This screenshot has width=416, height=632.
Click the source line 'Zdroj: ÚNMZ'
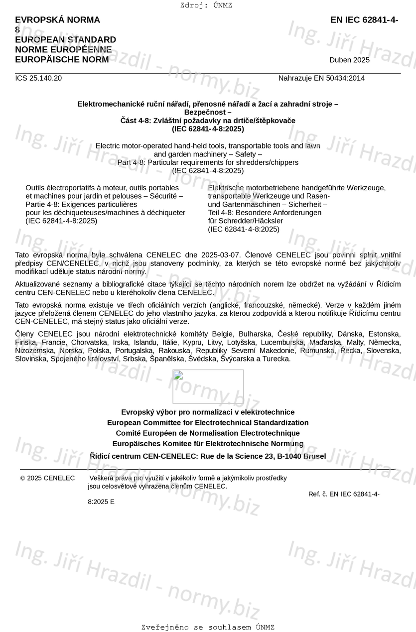coord(206,5)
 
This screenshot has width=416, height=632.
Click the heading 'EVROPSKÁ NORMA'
coord(57,20)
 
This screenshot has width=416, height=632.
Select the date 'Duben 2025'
coord(349,60)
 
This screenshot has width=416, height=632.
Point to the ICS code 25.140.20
coord(38,78)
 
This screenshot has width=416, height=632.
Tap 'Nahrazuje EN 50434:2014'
coord(321,78)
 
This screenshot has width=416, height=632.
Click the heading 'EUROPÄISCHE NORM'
coord(62,60)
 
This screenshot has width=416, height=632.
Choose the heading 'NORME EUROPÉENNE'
coord(63,50)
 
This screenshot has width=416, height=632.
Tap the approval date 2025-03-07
coord(219,255)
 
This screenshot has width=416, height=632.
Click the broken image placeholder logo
coord(208,386)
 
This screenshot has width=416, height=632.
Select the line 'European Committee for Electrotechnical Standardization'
coord(208,423)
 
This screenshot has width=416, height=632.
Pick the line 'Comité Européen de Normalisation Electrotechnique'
coord(208,433)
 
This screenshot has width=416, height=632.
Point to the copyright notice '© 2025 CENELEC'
coord(47,478)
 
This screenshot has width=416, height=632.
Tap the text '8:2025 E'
coord(101,502)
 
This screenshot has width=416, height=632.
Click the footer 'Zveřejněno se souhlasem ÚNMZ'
coord(208,627)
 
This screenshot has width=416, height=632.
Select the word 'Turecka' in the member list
coord(277,359)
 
